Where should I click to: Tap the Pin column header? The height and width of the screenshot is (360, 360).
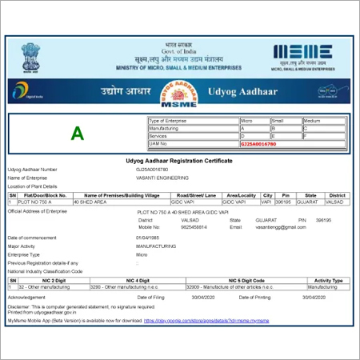(286, 194)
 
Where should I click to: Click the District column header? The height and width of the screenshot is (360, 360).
(337, 194)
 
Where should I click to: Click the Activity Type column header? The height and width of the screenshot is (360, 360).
(329, 281)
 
